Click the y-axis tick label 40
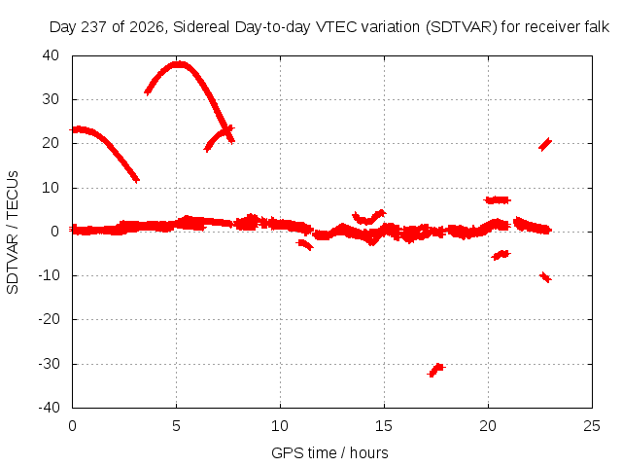click(51, 55)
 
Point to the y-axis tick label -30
click(49, 364)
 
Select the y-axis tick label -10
click(49, 275)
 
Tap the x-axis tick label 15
click(384, 426)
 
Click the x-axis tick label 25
click(592, 426)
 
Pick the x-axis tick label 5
click(176, 426)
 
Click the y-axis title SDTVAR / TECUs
click(13, 233)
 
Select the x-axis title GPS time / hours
click(329, 452)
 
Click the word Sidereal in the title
click(201, 27)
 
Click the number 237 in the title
click(94, 27)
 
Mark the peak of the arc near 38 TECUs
click(179, 63)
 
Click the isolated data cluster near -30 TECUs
click(436, 370)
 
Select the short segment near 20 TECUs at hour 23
click(545, 144)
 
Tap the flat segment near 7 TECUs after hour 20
click(498, 200)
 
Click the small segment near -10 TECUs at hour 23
click(545, 276)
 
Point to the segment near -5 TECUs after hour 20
click(501, 255)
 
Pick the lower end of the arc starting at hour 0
click(136, 180)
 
